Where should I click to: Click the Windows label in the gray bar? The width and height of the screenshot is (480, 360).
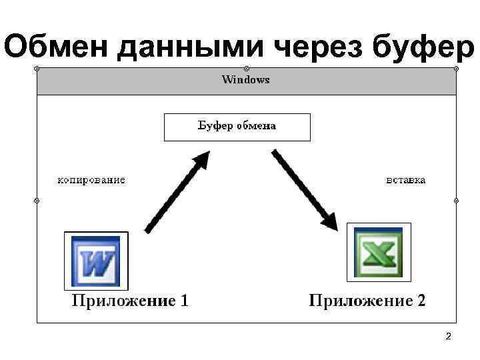coord(245,80)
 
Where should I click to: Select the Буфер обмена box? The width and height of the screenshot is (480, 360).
coord(237,127)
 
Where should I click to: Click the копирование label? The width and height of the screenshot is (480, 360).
coord(91,180)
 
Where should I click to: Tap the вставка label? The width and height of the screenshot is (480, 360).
coord(406,180)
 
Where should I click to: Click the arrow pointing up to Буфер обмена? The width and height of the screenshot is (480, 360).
coord(177,192)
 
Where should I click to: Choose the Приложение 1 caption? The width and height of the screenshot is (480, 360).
coord(130,301)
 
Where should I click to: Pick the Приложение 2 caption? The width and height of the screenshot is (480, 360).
coord(367,301)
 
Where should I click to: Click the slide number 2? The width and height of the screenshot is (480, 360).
coord(448,337)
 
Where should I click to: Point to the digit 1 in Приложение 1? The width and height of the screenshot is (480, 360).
coord(183,301)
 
